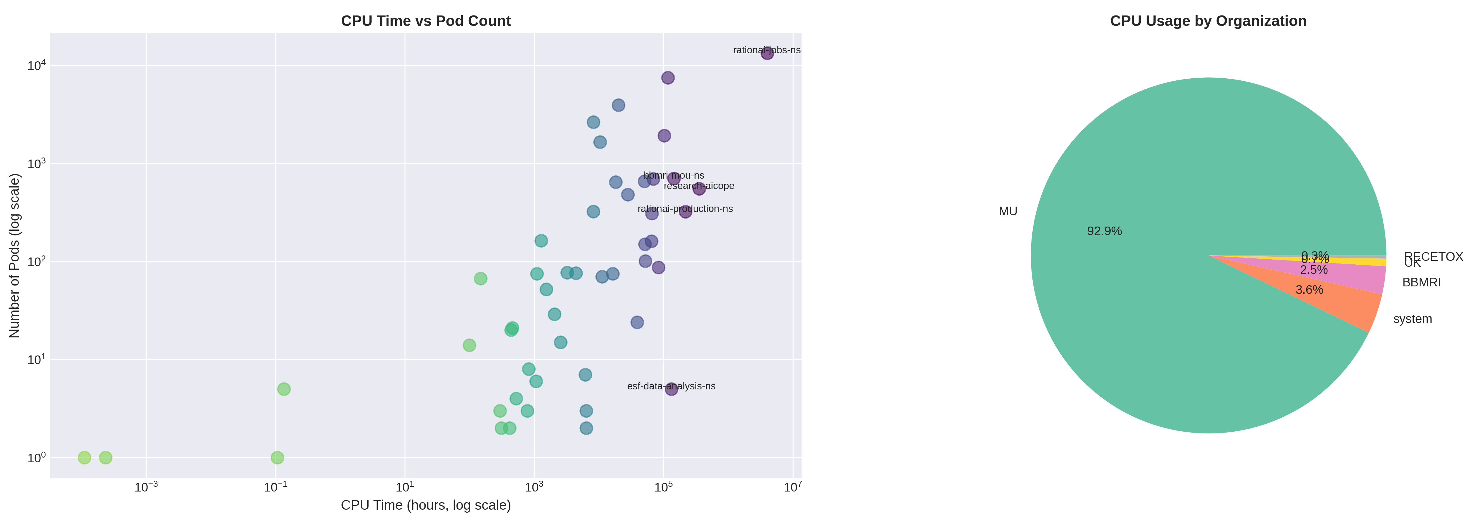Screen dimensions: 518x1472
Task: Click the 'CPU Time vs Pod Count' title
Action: [x=426, y=21]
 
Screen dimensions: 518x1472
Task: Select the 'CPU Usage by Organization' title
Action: [x=1208, y=21]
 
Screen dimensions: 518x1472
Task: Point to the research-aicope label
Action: [x=699, y=186]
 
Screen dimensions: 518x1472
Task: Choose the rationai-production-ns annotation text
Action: [x=685, y=209]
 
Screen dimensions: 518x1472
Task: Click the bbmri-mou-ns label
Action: [x=674, y=176]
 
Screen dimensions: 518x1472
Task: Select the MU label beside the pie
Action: [x=1008, y=212]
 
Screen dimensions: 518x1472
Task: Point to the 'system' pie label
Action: [x=1412, y=319]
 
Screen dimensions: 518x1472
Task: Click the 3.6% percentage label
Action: [x=1309, y=290]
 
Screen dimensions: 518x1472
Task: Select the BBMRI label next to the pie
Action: [x=1421, y=283]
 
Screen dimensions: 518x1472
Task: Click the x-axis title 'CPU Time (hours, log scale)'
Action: [x=426, y=505]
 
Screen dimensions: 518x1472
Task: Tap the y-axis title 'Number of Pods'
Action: [x=14, y=255]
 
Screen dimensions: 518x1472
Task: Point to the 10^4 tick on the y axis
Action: [x=36, y=65]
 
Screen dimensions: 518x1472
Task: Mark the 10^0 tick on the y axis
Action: [x=36, y=457]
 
